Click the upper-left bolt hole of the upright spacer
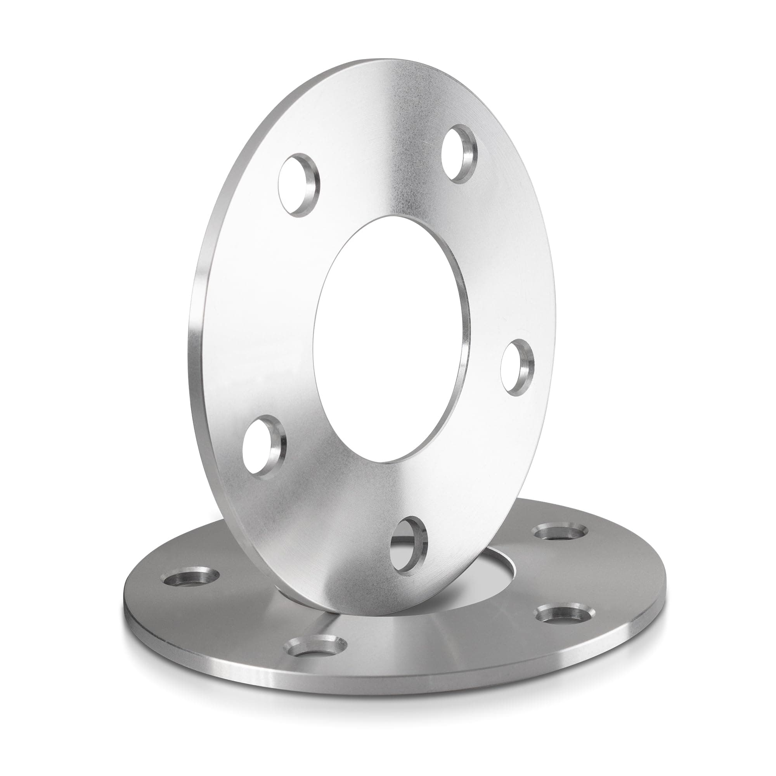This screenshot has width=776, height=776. [298, 185]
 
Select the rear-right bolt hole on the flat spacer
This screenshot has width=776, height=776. [559, 533]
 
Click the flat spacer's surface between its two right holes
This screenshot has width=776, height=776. [570, 579]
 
